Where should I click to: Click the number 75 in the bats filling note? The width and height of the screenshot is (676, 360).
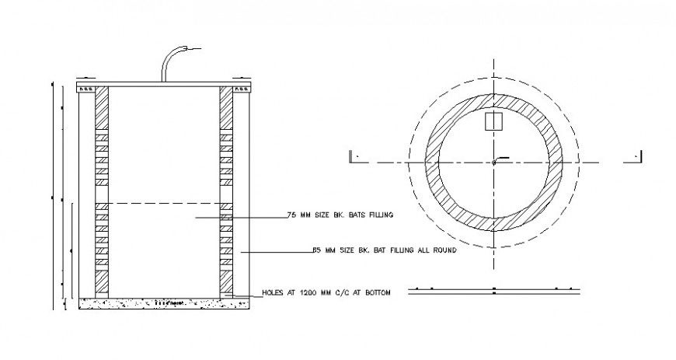tap(292, 214)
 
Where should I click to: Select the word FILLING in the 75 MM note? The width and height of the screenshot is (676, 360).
tap(378, 214)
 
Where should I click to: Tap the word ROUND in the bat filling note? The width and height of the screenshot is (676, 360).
tap(441, 251)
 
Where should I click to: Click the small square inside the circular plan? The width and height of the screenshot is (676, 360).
tap(493, 121)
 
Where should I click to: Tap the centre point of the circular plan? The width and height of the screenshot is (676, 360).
tap(493, 162)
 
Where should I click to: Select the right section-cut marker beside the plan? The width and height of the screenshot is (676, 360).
tap(633, 156)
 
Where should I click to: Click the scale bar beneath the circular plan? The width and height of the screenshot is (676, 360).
tap(494, 288)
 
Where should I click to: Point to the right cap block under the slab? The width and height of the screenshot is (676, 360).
tap(242, 89)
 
